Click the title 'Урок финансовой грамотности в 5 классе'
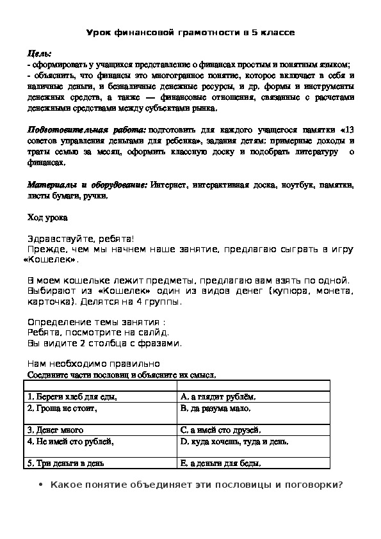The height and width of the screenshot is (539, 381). (x=190, y=33)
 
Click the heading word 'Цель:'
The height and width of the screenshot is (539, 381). (x=40, y=54)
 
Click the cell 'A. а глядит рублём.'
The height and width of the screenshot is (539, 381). (x=218, y=397)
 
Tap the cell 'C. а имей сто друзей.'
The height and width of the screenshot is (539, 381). (x=221, y=430)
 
